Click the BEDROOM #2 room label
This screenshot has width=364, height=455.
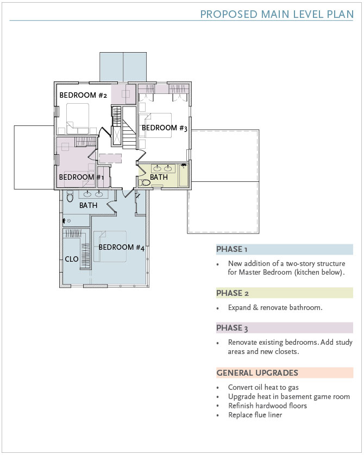click(x=83, y=95)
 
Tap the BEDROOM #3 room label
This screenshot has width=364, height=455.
click(x=165, y=128)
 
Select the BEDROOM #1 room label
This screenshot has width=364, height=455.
click(x=81, y=177)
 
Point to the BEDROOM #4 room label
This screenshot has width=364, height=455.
click(x=121, y=247)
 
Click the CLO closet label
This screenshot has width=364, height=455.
click(x=72, y=259)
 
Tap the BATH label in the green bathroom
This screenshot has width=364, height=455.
click(x=159, y=176)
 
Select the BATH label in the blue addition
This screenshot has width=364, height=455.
click(x=88, y=205)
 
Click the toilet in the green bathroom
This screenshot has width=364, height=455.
click(x=145, y=183)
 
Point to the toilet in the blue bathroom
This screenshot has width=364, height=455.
click(x=70, y=197)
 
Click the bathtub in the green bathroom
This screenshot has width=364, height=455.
click(x=183, y=175)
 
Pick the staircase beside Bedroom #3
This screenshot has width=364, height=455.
click(x=129, y=128)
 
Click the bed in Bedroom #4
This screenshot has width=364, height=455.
click(x=110, y=247)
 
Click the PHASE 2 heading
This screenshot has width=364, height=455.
click(x=232, y=293)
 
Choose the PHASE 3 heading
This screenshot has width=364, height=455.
click(x=232, y=328)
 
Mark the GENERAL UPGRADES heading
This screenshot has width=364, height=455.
click(x=257, y=372)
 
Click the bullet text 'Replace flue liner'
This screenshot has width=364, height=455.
click(x=255, y=415)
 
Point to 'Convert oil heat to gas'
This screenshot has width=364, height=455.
click(x=263, y=387)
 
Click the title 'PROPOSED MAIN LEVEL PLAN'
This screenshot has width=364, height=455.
click(x=277, y=14)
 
